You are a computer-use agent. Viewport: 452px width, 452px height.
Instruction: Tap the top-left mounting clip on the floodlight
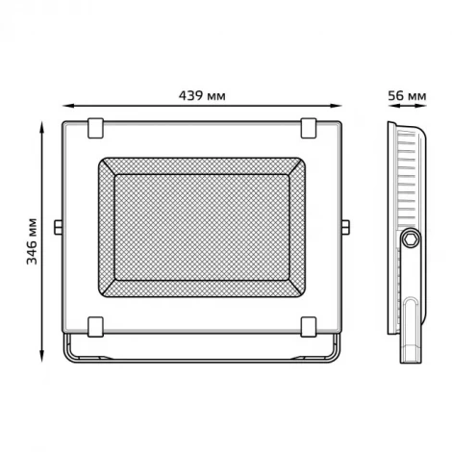pyautogui.click(x=96, y=125)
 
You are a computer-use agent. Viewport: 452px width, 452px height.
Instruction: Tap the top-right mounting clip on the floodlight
pyautogui.click(x=308, y=125)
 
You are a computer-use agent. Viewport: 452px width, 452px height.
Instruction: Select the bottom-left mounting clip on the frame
pyautogui.click(x=96, y=325)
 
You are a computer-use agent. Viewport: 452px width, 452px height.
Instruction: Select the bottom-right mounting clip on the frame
pyautogui.click(x=308, y=325)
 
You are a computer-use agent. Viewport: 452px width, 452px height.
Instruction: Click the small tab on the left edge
pyautogui.click(x=60, y=227)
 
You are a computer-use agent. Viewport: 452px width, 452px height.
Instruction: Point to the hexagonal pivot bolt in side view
pyautogui.click(x=411, y=239)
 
